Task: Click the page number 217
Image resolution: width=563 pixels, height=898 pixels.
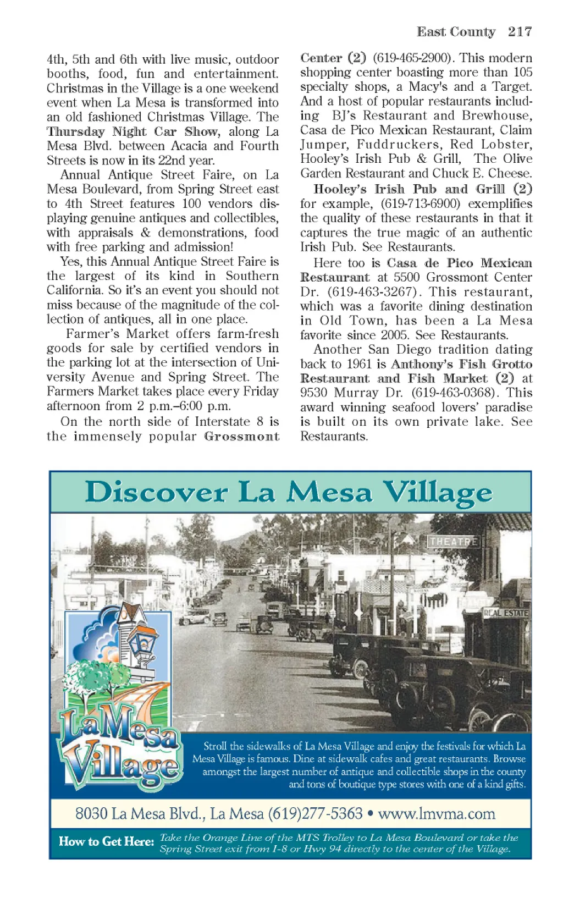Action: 520,32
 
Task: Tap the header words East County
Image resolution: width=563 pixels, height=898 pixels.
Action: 456,32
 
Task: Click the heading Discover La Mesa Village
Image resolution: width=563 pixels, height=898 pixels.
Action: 289,492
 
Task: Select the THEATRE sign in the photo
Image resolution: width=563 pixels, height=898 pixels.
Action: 453,542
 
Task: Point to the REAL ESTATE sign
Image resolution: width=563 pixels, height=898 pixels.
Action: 505,613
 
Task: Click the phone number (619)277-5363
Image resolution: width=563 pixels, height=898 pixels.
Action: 315,813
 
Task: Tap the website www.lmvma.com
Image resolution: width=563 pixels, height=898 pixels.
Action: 437,813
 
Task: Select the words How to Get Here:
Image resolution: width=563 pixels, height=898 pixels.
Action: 106,841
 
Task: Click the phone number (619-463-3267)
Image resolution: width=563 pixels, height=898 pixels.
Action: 374,292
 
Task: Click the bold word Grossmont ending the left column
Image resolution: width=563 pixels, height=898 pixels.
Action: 241,437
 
